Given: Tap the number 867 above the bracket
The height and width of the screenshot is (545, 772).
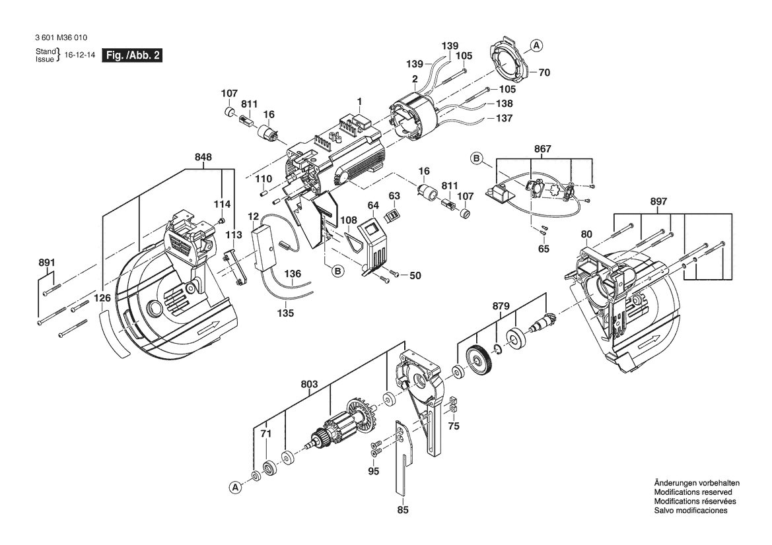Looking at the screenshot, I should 542,149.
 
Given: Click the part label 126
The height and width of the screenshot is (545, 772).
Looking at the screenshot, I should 102,298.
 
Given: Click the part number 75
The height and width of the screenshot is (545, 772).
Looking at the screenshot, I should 453,427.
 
